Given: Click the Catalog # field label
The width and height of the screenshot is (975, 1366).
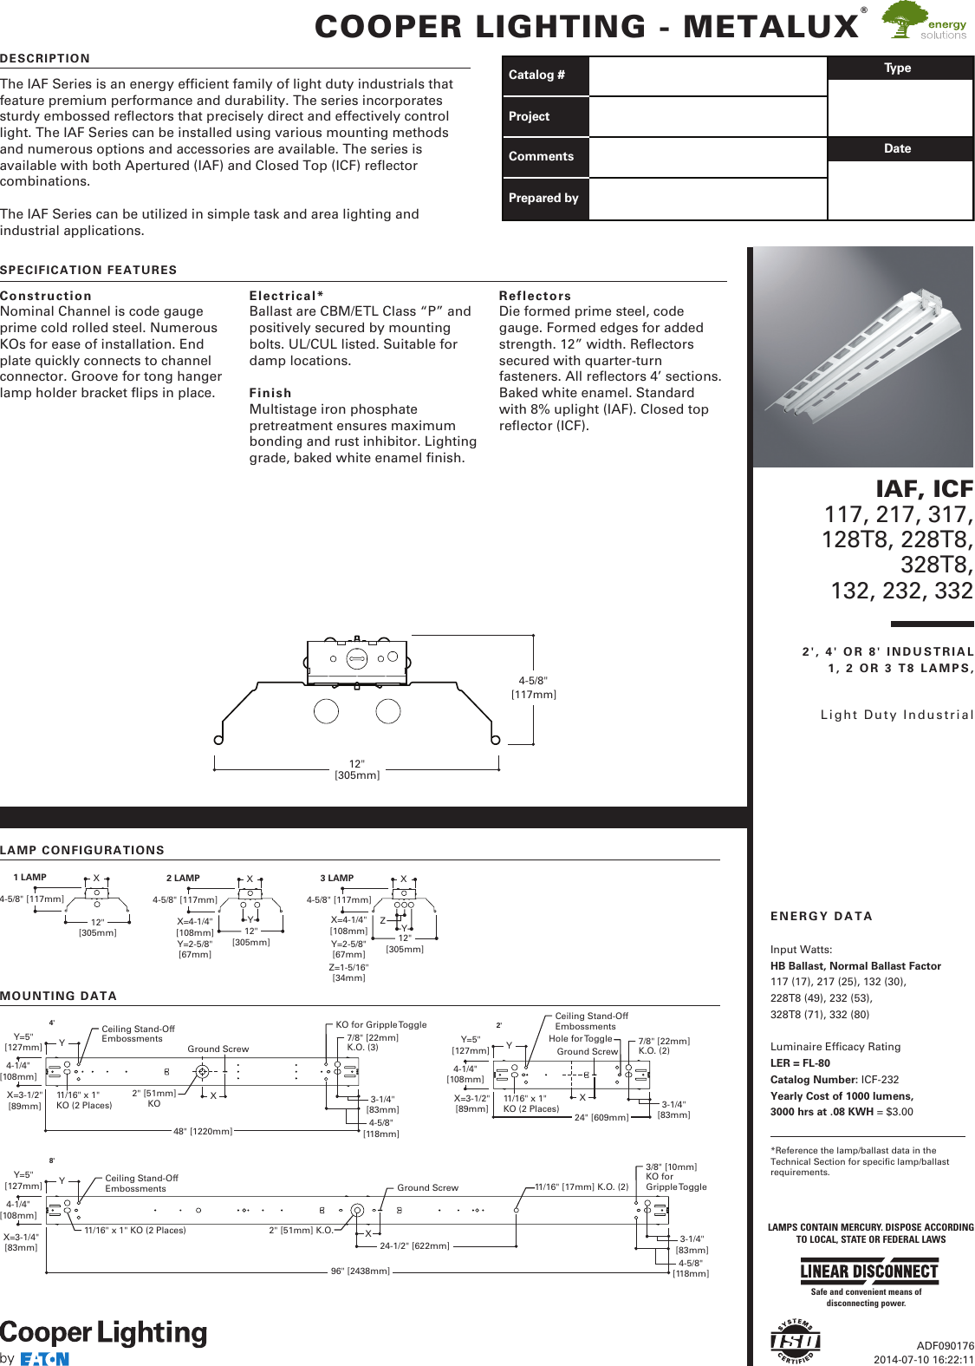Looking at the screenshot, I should pos(536,75).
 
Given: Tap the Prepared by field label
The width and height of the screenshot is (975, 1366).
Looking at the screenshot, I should pos(543,199).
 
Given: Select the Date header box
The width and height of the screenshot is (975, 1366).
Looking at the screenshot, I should pos(898,149).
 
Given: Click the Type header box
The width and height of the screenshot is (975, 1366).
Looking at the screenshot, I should pos(898,69).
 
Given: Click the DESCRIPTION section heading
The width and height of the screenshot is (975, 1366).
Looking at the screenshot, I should pos(45,59).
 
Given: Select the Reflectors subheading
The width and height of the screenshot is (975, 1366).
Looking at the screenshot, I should pos(535,297).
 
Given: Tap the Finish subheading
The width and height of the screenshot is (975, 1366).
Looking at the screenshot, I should pos(270,394).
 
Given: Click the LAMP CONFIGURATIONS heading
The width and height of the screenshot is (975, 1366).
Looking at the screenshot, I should pos(82,851).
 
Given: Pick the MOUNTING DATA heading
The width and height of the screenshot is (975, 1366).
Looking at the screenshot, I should pos(59,997).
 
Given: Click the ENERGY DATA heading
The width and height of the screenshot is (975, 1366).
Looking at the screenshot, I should pos(822,917).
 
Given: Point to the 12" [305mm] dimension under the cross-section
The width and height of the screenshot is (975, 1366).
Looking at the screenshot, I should pos(357,770).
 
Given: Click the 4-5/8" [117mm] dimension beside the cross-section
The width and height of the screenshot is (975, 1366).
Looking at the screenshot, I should pos(533,688).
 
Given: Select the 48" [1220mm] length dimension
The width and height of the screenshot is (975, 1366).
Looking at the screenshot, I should pos(203,1132).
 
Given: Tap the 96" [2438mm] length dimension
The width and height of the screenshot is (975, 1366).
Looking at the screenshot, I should pos(361,1271).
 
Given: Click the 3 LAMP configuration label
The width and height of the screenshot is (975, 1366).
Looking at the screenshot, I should pos(337,879).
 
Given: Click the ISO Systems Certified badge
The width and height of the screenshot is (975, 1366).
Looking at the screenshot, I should pos(795,1342).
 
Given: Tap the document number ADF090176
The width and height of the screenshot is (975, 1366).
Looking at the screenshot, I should pos(945,1346).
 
